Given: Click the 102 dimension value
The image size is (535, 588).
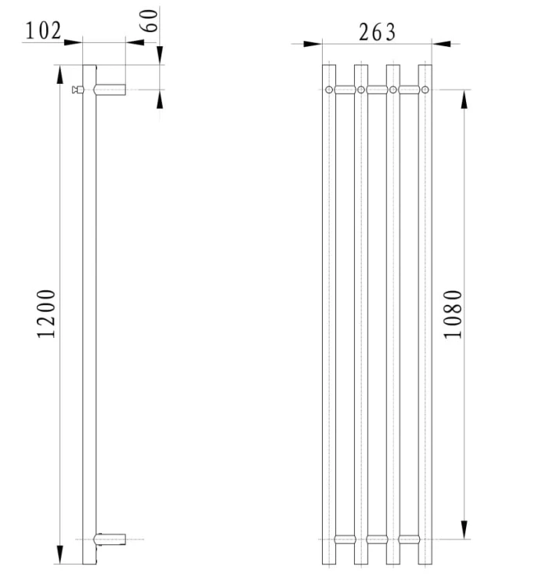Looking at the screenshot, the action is click(x=43, y=31).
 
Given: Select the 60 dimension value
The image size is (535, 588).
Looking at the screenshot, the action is click(x=149, y=20).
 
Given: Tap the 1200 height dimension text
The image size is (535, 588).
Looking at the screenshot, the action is click(x=46, y=314).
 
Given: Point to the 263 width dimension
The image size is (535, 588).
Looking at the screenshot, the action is click(x=377, y=33).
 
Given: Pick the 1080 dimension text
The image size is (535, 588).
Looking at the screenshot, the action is click(x=454, y=314).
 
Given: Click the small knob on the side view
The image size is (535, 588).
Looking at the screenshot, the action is click(x=78, y=89).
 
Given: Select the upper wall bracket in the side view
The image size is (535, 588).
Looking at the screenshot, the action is click(x=110, y=89).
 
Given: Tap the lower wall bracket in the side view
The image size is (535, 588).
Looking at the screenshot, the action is click(x=110, y=539).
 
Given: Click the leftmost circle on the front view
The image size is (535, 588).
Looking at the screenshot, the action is click(x=329, y=89).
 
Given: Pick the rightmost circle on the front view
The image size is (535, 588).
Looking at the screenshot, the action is click(x=425, y=89).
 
